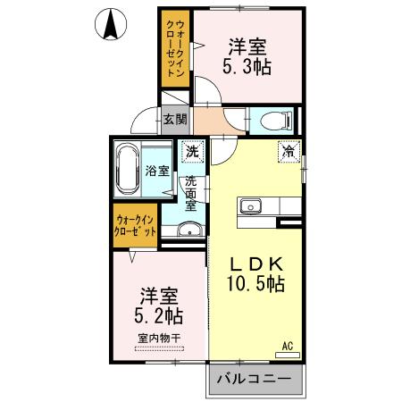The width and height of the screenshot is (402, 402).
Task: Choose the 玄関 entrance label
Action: [174, 118]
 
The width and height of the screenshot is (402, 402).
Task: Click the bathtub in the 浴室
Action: [129, 169]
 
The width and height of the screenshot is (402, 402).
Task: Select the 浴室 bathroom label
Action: [157, 170]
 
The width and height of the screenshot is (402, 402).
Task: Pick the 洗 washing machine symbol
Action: [192, 152]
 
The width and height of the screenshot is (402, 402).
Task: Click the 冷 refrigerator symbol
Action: [288, 151]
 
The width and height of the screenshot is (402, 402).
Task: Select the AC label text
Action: [288, 345]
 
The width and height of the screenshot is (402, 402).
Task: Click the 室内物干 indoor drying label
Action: [159, 338]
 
